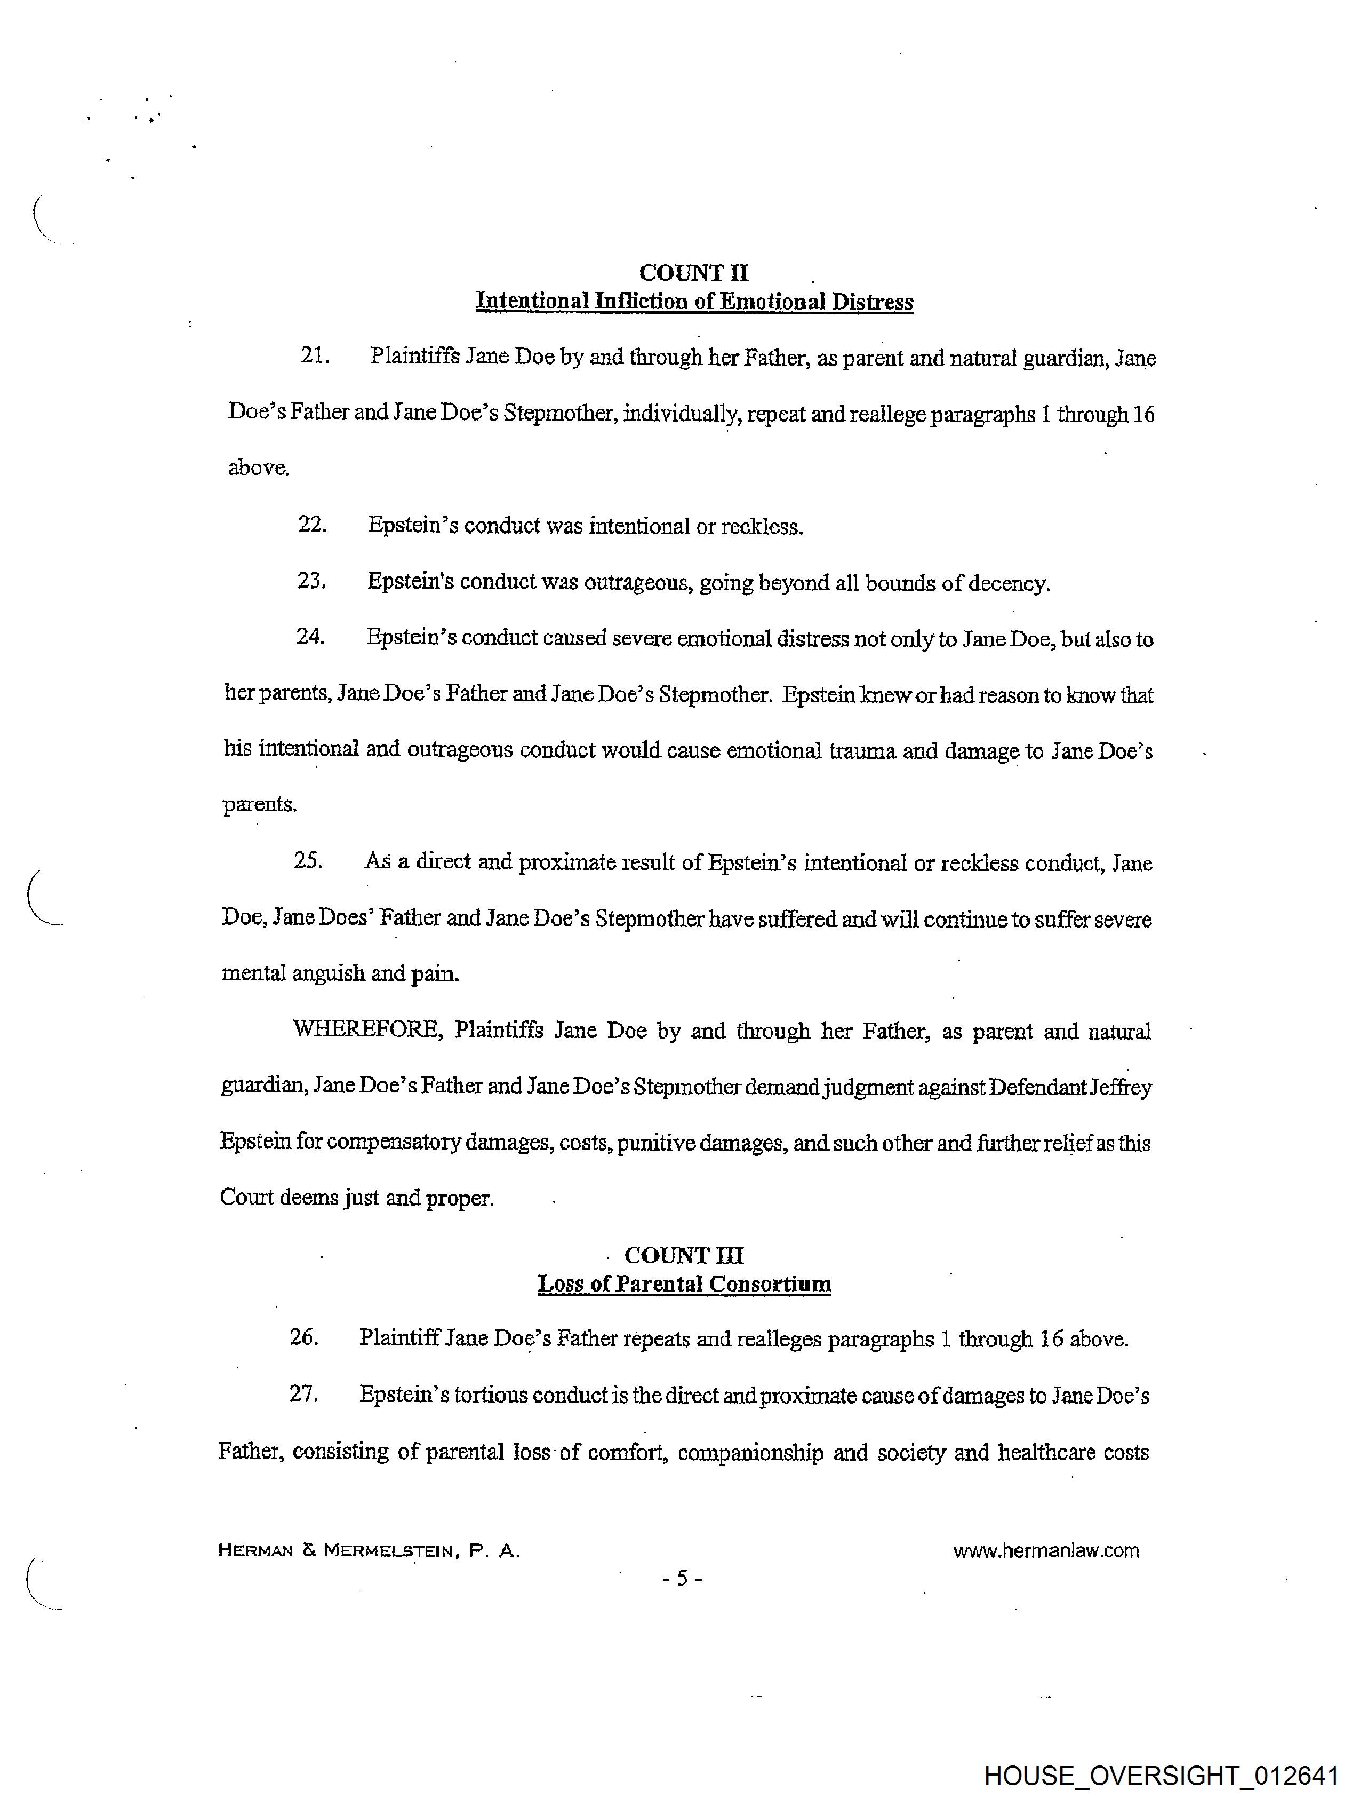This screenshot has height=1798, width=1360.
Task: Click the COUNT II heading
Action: pyautogui.click(x=694, y=273)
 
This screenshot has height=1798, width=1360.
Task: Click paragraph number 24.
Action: pyautogui.click(x=310, y=637)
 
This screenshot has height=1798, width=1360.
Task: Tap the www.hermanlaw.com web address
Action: pyautogui.click(x=1045, y=1550)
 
